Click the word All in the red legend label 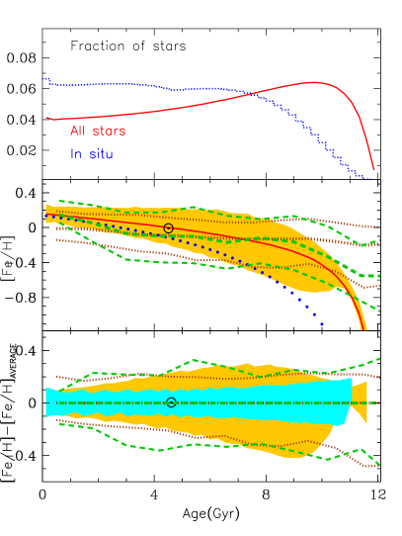[x=78, y=132]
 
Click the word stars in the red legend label [x=109, y=132]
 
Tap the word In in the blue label [x=75, y=154]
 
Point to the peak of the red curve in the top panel [x=313, y=82]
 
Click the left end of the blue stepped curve [x=44, y=78]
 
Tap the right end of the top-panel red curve [x=374, y=170]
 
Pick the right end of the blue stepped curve [x=371, y=179]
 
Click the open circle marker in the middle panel [x=168, y=228]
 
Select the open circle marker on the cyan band [x=171, y=402]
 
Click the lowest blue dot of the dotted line [x=321, y=323]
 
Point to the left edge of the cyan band [x=46, y=402]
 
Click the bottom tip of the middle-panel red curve [x=364, y=328]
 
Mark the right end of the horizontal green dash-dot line [x=378, y=402]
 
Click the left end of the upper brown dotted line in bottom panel [x=56, y=376]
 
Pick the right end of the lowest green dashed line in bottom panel [x=378, y=465]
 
